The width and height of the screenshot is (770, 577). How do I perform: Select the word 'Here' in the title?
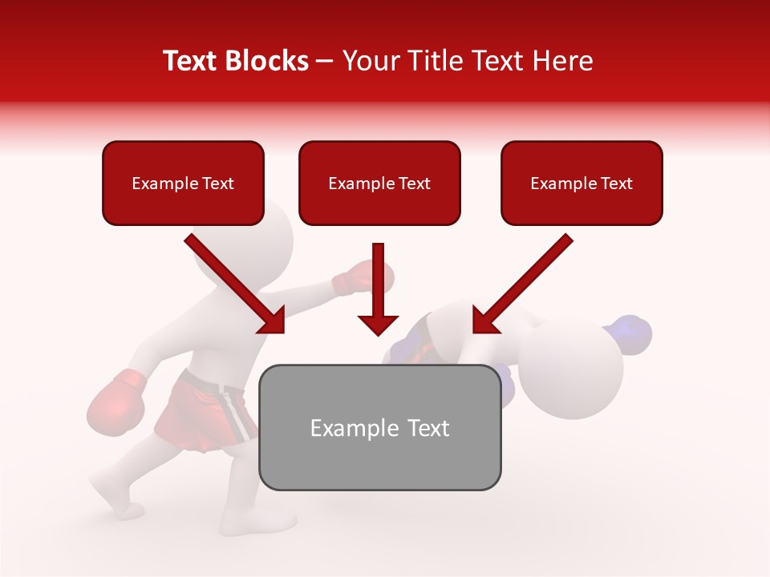tap(561, 61)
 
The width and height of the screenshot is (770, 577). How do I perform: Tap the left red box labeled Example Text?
tap(183, 183)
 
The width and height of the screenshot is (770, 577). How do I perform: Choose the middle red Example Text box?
tap(379, 183)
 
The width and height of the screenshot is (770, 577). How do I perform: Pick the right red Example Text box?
tap(582, 183)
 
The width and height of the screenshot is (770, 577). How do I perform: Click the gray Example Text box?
tap(379, 427)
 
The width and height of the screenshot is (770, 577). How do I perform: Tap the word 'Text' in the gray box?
tap(425, 428)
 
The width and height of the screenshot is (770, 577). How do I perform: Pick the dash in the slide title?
tap(325, 62)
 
